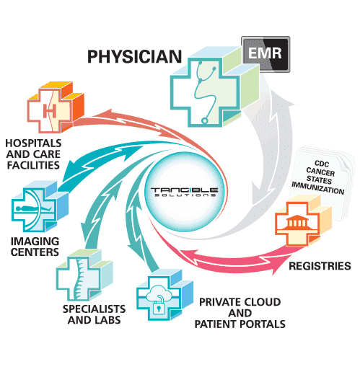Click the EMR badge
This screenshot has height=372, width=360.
pos(265,54)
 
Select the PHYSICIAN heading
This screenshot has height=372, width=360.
pos(134,57)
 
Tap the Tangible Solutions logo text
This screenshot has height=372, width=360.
pos(185,192)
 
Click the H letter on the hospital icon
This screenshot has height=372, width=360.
pos(50,111)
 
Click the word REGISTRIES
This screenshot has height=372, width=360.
pos(320,266)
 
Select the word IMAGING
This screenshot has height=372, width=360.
pos(35,241)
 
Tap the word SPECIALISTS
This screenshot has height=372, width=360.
pos(94,309)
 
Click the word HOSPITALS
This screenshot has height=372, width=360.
pos(33,143)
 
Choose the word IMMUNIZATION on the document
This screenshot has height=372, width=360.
pos(318,188)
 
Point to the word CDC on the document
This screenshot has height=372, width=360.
pos(322,164)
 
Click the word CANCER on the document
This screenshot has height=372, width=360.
pos(320,172)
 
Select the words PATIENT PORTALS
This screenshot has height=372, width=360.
pos(240,324)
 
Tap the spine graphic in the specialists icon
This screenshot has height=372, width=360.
pos(79,279)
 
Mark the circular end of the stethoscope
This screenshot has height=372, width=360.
pos(204,120)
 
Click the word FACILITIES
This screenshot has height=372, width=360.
pos(33,165)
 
